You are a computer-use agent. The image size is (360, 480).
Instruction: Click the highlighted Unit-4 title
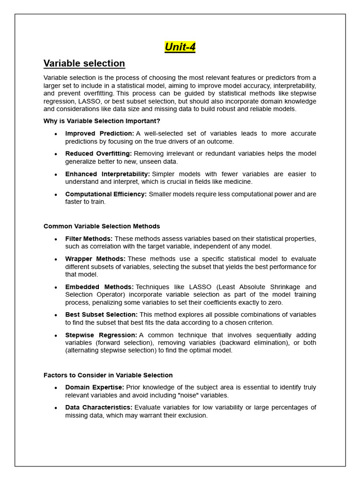coord(180,47)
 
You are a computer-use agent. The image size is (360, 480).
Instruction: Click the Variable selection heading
coord(84,63)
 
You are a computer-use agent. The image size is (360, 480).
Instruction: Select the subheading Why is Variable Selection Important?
coord(102,121)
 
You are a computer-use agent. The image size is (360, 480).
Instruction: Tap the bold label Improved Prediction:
coord(99,134)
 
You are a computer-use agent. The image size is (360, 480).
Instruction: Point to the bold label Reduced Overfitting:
coord(98,154)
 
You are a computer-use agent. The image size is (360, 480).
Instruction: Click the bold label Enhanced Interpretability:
coord(107,174)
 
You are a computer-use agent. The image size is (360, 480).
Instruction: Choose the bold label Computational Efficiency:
coord(106,194)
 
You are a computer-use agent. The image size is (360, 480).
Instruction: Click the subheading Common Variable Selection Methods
coord(102,226)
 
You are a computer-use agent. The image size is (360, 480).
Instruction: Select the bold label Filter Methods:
coord(89,239)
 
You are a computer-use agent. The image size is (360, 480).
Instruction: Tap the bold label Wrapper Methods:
coord(95,259)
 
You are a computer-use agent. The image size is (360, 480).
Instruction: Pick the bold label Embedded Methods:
coord(99,287)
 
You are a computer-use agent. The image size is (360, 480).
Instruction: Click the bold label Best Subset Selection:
coord(101,315)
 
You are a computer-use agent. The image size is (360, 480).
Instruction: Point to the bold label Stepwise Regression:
coord(101,335)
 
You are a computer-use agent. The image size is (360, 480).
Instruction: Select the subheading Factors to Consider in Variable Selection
coord(108,375)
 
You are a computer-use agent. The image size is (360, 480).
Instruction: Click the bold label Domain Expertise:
coord(95,387)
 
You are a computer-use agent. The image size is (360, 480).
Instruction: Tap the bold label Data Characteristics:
coord(99,407)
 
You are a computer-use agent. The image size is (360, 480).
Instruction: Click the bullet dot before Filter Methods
coord(56,240)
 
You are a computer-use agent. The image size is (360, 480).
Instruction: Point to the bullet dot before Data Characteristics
coord(56,408)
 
